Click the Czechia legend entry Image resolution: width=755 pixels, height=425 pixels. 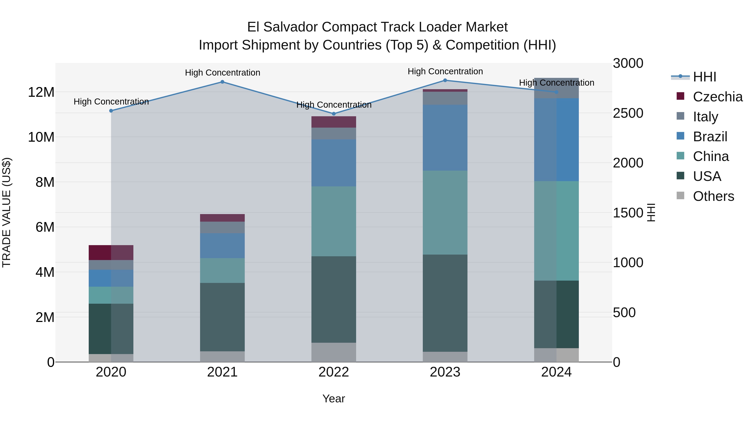pyautogui.click(x=717, y=97)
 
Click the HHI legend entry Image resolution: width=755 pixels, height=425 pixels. pyautogui.click(x=704, y=77)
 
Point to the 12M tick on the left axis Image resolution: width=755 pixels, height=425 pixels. pyautogui.click(x=41, y=92)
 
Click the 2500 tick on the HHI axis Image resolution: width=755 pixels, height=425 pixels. pyautogui.click(x=628, y=113)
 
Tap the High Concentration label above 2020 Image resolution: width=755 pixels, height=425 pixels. pyautogui.click(x=111, y=102)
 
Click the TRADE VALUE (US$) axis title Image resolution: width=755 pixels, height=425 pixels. pyautogui.click(x=7, y=212)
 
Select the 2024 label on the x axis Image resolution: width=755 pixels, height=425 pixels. pyautogui.click(x=556, y=372)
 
